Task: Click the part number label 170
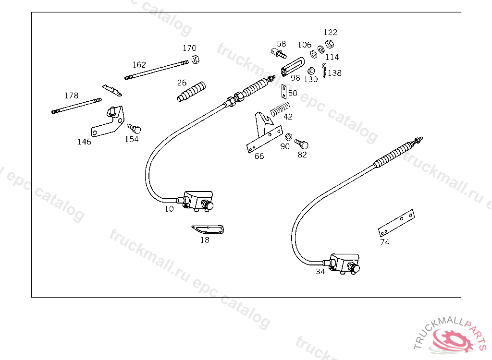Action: point(189,48)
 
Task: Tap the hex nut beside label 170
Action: point(195,59)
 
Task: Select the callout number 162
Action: point(139,65)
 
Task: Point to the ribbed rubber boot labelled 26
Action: point(191,92)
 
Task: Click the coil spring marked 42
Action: point(280,108)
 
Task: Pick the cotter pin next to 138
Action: point(324,71)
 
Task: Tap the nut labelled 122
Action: point(330,44)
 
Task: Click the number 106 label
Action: point(305,45)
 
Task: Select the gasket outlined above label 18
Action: point(208,229)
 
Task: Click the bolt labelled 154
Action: point(134,128)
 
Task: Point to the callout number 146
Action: point(84,142)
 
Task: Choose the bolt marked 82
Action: point(302,144)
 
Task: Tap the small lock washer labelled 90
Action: point(288,137)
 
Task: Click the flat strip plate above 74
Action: point(396,223)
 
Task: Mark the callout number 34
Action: point(320,272)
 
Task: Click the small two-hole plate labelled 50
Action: point(284,92)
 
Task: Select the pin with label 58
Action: point(279,53)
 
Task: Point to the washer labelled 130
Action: point(311,71)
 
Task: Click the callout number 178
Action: point(71,96)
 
